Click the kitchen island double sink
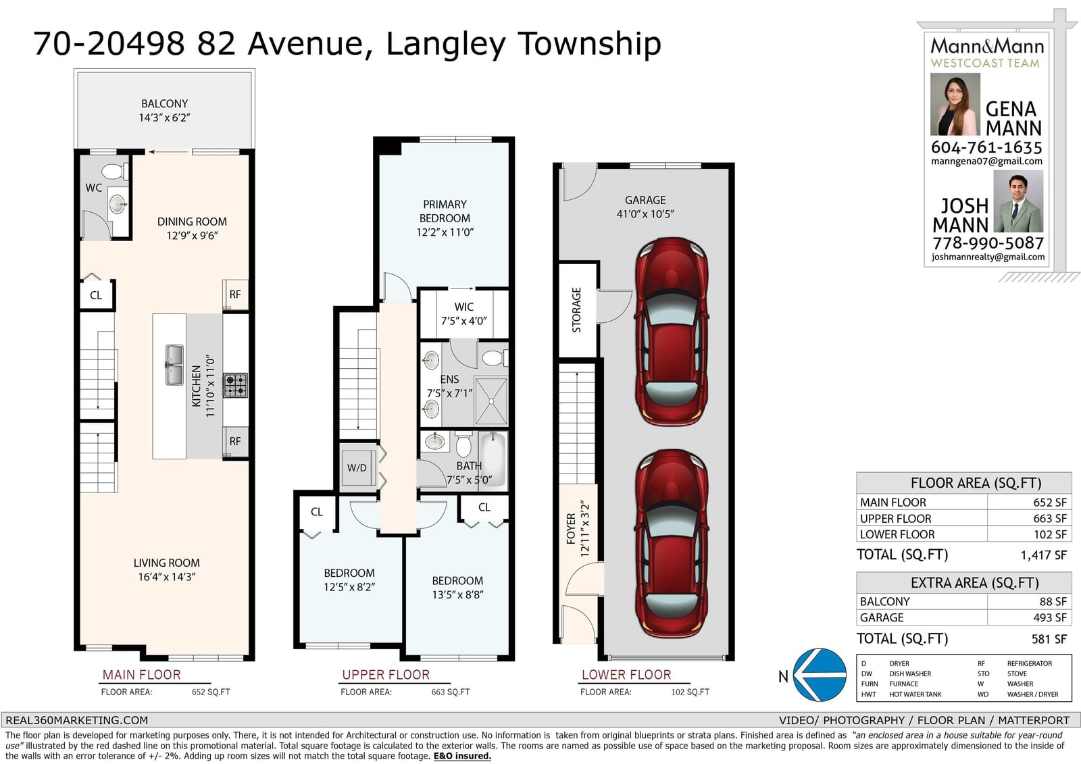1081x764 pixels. [174, 365]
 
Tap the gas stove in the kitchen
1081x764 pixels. [235, 385]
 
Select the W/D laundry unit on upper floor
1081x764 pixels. [357, 467]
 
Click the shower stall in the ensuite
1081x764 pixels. [491, 401]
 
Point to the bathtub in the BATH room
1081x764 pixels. [493, 459]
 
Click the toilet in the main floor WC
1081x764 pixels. [115, 171]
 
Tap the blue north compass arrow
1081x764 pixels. [820, 674]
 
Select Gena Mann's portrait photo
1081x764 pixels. [955, 104]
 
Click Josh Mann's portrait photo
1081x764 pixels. [1018, 201]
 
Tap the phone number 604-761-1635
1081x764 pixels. [986, 147]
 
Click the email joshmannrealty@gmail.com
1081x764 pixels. [988, 257]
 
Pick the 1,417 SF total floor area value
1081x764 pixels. [1043, 555]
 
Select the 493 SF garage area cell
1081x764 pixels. [1053, 617]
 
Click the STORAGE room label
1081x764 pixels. [576, 310]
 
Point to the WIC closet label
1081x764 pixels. [463, 307]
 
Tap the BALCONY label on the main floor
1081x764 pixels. [165, 104]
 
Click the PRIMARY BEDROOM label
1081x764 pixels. [445, 211]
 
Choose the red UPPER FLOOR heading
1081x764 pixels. [386, 675]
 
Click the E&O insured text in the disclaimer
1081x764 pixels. [462, 756]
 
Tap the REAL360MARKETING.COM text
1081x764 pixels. [77, 720]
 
